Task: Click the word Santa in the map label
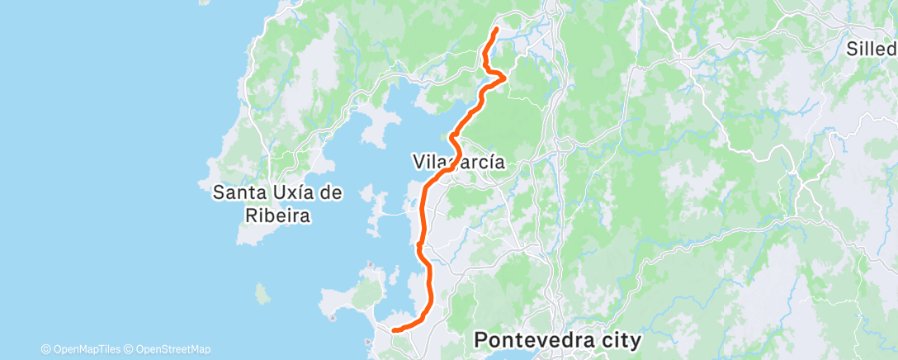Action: [x=239, y=193]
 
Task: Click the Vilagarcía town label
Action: [x=457, y=163]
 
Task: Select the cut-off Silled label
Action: [x=872, y=49]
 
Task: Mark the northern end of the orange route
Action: [x=496, y=30]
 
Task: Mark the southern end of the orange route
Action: [x=393, y=330]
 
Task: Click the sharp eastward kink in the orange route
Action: [x=503, y=77]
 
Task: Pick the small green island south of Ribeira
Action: [x=263, y=292]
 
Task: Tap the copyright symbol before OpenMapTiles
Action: [x=45, y=349]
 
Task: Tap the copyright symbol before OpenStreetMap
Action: [x=130, y=349]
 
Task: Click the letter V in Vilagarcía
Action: [x=418, y=163]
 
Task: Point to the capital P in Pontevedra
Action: [x=481, y=339]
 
